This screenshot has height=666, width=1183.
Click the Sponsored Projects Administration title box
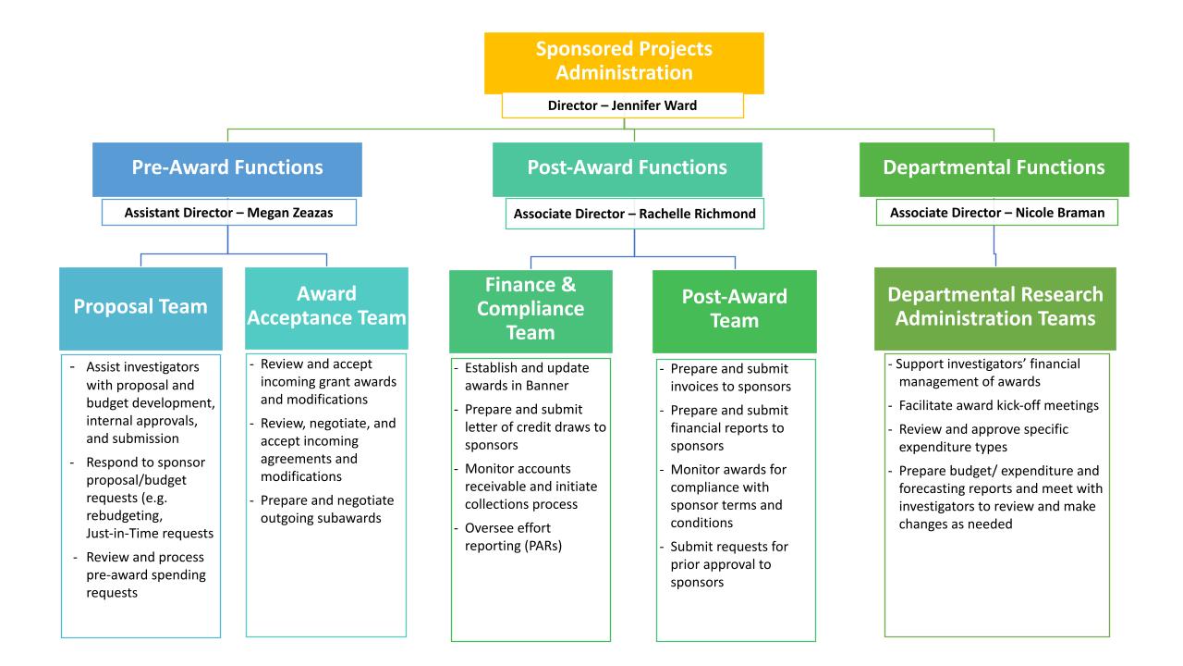click(x=624, y=62)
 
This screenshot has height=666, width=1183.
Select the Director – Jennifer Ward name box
click(x=623, y=105)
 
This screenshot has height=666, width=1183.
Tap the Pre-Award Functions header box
click(x=227, y=167)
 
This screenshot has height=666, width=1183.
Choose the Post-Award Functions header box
click(x=627, y=167)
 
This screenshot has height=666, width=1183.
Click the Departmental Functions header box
click(x=994, y=167)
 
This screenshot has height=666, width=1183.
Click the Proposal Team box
click(x=140, y=306)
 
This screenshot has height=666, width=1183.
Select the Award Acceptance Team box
click(x=327, y=306)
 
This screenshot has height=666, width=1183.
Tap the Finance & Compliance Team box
click(x=531, y=308)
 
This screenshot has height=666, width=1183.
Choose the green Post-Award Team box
click(x=735, y=309)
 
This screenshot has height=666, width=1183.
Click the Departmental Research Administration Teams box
click(x=994, y=307)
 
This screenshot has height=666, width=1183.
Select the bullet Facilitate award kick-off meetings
click(x=986, y=404)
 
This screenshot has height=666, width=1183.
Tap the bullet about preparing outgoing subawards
click(x=322, y=509)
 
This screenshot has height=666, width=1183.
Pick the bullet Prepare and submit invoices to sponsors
click(x=730, y=377)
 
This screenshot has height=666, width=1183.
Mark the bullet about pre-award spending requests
click(x=145, y=574)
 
